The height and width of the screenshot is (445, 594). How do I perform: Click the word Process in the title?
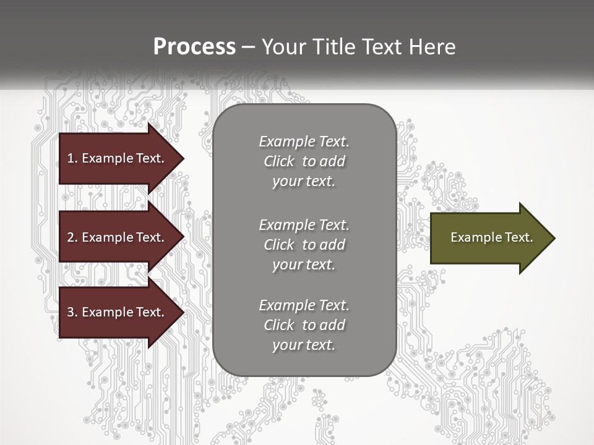[194, 46]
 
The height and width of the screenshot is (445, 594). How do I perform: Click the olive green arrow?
[489, 237]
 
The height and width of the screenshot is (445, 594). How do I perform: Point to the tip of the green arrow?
[554, 238]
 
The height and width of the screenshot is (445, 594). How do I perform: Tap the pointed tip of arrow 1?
[183, 158]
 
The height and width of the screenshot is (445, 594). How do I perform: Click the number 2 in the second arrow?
[71, 237]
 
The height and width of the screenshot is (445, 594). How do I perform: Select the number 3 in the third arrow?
[71, 312]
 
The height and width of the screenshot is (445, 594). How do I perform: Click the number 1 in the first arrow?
[70, 158]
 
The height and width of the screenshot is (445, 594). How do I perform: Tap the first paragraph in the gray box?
[304, 161]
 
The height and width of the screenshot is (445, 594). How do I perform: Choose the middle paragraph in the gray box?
[304, 244]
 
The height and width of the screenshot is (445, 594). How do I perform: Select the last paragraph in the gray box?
[304, 325]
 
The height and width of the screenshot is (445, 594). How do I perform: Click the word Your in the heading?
[282, 46]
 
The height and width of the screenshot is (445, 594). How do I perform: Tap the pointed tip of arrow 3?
[183, 312]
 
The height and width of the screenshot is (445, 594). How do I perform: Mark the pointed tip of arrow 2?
[183, 237]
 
